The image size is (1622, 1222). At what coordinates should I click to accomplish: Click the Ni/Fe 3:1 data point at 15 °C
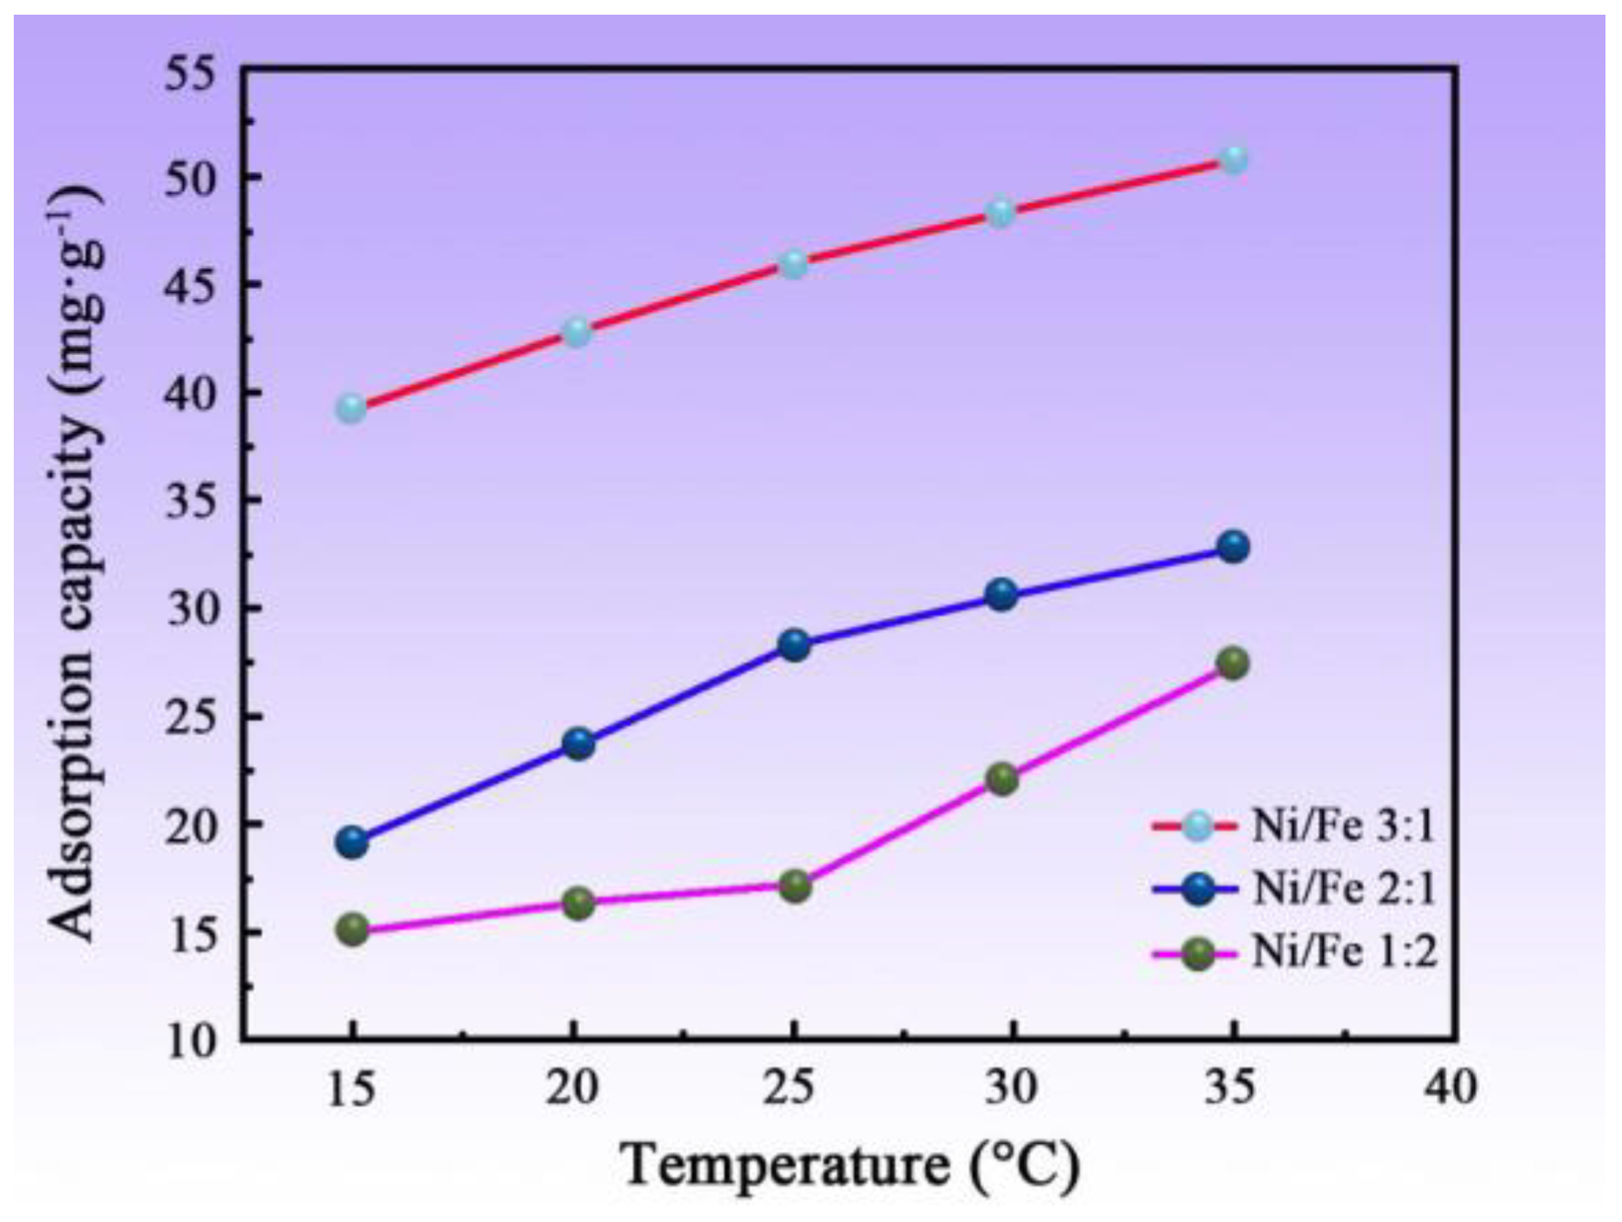click(351, 408)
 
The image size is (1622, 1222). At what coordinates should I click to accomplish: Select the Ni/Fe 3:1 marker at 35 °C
click(1235, 160)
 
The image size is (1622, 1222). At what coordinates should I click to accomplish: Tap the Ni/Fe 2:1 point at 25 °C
click(794, 645)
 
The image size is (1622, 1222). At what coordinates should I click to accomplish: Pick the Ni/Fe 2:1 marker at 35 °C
click(1234, 548)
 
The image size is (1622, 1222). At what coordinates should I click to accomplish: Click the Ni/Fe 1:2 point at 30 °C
click(1002, 779)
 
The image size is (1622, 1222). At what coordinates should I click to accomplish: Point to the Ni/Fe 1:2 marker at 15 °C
click(352, 929)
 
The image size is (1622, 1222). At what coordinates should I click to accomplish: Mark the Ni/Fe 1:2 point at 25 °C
click(795, 886)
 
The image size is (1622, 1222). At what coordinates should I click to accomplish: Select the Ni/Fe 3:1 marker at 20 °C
click(577, 332)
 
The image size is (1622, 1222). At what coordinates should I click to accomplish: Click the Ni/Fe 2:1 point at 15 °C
click(352, 841)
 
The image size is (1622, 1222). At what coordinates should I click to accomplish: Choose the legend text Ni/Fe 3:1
click(1343, 827)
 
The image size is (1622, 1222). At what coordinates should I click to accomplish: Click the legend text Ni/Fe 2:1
click(1343, 889)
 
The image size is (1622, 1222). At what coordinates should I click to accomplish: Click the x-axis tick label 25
click(790, 1088)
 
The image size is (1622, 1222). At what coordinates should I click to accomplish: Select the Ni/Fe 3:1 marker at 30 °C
click(1001, 213)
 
